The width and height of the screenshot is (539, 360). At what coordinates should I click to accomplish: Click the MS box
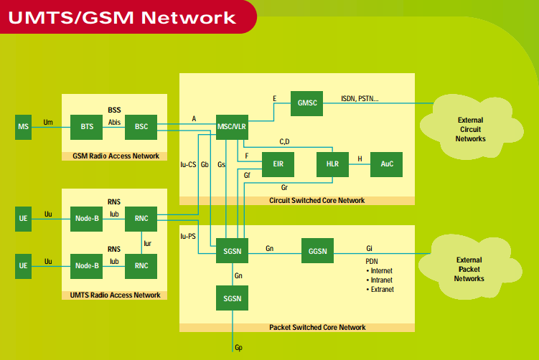coord(24,128)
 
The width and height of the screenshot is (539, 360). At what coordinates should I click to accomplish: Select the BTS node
coord(87,128)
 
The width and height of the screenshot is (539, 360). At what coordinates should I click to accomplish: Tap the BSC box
coord(141,128)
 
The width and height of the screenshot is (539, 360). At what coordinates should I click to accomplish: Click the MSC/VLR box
coord(231,128)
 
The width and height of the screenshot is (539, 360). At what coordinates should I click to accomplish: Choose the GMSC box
coord(307,103)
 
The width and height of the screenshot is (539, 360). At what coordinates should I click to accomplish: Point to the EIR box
coord(278,164)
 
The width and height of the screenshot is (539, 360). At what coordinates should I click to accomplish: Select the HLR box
coord(332,164)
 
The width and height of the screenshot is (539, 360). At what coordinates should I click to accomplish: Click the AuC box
coord(387,164)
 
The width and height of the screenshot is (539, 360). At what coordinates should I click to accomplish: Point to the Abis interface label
coord(114,123)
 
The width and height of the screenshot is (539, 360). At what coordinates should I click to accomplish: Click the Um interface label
coord(48,123)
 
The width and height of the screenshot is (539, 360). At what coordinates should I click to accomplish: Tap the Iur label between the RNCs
coord(148,243)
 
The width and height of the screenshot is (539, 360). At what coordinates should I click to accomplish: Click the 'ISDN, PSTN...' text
coord(360,98)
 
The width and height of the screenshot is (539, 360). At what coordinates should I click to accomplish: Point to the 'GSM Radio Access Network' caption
coord(116,156)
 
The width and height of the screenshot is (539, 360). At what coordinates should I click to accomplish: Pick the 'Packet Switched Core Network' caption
coord(317,328)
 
